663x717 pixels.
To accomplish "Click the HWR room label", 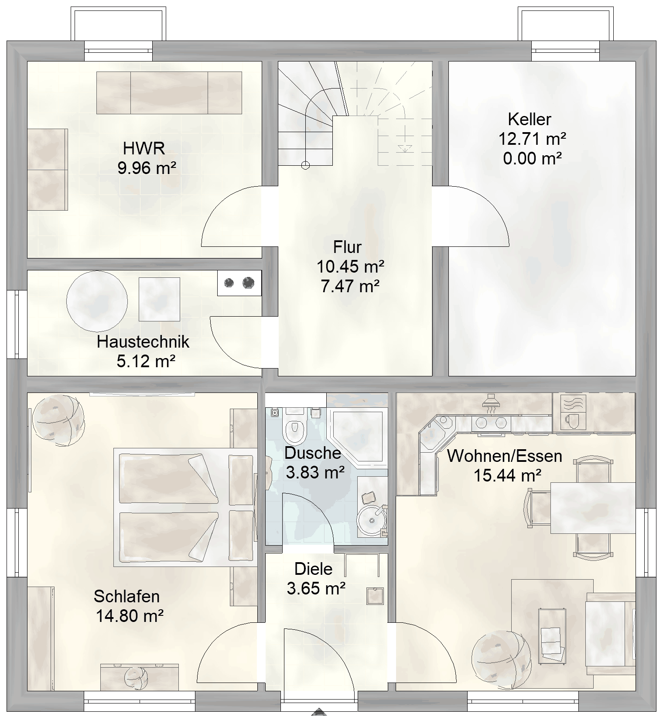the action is (144, 148).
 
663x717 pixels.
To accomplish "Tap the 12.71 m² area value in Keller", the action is (533, 139).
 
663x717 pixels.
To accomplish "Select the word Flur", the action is (347, 247).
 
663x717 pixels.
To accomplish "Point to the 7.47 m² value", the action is (350, 286).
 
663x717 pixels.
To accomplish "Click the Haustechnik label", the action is (143, 341).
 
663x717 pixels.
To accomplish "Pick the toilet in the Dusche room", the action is (296, 425).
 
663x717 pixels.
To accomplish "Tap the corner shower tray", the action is (357, 434).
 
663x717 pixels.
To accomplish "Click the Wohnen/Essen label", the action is (505, 456).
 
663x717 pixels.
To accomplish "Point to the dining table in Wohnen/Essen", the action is (592, 508).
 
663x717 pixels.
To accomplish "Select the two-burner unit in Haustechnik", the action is (239, 283).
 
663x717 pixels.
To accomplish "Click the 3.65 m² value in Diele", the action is (316, 588).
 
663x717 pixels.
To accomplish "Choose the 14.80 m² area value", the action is (130, 616).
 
